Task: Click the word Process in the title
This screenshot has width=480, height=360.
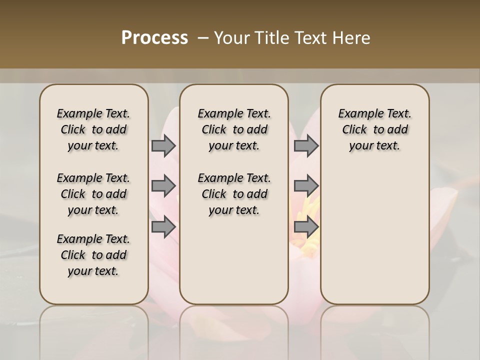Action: click(154, 38)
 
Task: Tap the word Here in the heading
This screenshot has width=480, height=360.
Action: click(352, 38)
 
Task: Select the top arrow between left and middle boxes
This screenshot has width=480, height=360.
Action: click(163, 145)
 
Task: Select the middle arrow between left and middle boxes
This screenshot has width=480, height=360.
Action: click(163, 186)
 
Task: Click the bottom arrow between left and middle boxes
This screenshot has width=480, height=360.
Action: click(163, 226)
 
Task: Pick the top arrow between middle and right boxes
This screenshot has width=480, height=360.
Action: click(306, 145)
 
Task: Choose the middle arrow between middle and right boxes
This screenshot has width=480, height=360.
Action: click(306, 186)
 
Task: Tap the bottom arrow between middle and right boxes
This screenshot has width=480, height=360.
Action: click(306, 226)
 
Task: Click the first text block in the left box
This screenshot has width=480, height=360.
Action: click(93, 129)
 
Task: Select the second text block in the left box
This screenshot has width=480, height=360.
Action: click(93, 194)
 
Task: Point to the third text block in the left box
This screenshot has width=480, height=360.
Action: click(93, 255)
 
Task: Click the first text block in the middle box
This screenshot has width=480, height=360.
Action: click(234, 129)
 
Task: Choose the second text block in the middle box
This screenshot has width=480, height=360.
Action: click(234, 194)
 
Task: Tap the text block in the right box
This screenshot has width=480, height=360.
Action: click(374, 129)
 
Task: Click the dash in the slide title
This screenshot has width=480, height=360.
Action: click(203, 38)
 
